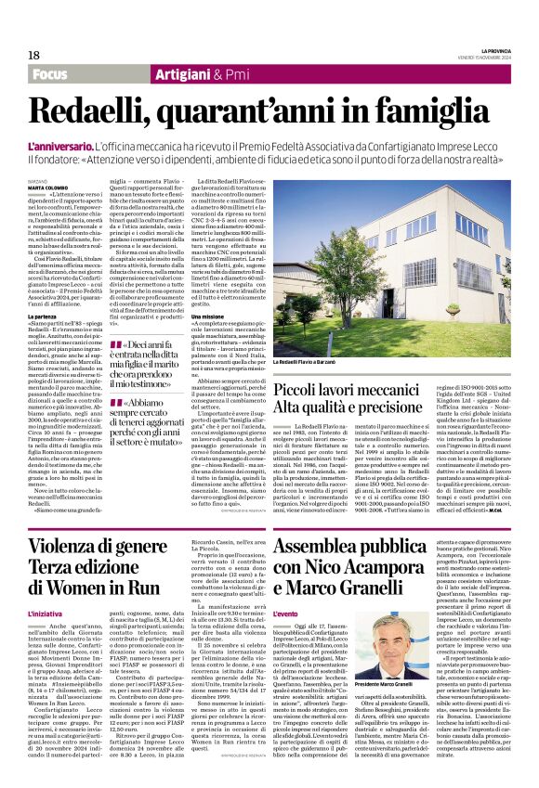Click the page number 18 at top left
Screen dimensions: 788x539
(x=33, y=55)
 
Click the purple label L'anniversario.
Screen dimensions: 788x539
(x=59, y=148)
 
